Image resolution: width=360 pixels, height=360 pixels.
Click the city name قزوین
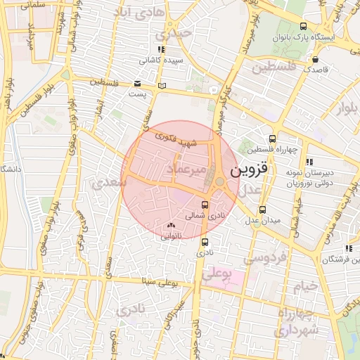tap(248, 170)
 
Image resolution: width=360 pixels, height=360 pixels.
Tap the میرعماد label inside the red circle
tap(186, 169)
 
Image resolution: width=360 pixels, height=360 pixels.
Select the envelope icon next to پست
tap(137, 83)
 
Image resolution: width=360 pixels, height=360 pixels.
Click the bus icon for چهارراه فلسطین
tap(273, 139)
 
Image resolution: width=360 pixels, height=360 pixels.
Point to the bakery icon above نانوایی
tap(172, 226)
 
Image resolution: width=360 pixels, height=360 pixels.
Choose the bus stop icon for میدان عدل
tap(263, 210)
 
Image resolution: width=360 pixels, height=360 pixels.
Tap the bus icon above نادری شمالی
tap(204, 205)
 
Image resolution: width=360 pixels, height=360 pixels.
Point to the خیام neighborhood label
tap(307, 286)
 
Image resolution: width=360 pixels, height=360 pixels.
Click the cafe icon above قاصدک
tap(315, 59)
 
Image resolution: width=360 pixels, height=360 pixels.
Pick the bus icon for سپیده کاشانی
tap(161, 49)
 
